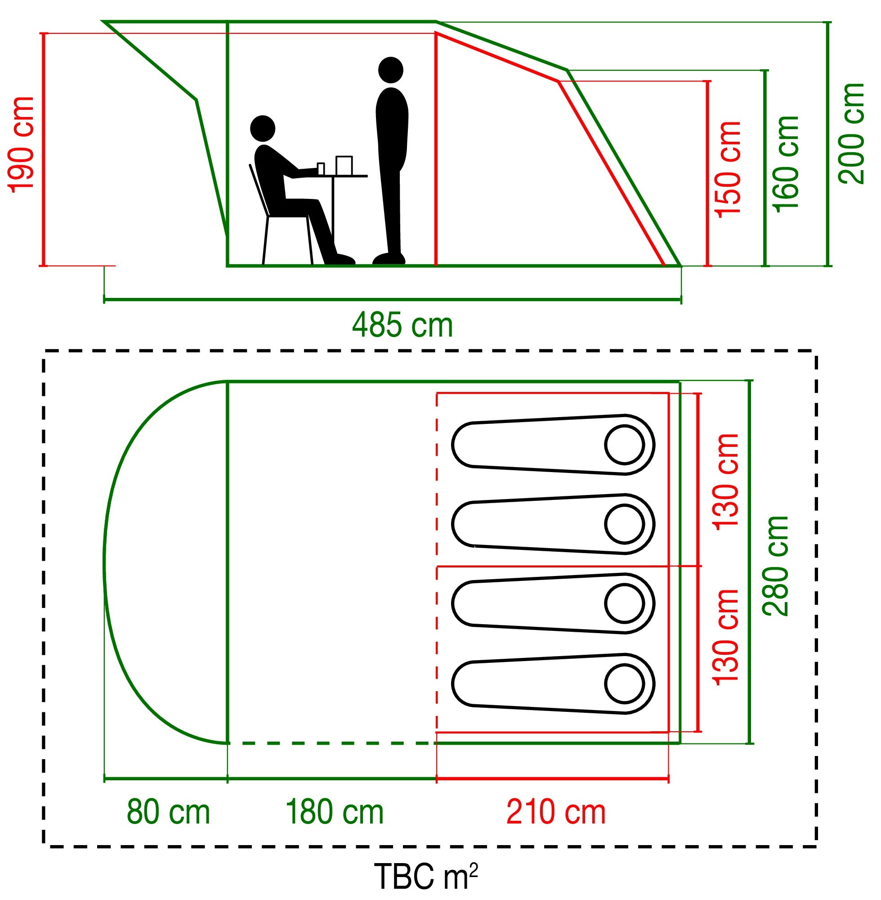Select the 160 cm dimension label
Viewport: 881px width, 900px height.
pyautogui.click(x=787, y=164)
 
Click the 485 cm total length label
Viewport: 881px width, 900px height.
pyautogui.click(x=402, y=325)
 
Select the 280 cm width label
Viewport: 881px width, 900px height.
pyautogui.click(x=775, y=565)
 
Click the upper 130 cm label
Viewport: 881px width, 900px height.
pyautogui.click(x=725, y=482)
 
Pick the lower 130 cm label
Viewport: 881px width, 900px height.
pyautogui.click(x=725, y=637)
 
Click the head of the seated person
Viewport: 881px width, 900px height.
pyautogui.click(x=262, y=128)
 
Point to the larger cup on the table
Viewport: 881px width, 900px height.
pyautogui.click(x=344, y=165)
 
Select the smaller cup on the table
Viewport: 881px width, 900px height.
pyautogui.click(x=321, y=169)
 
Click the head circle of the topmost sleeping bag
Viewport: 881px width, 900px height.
pyautogui.click(x=624, y=445)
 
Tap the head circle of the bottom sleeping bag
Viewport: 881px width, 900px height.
pyautogui.click(x=624, y=684)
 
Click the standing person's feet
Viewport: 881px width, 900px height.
pyautogui.click(x=389, y=258)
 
